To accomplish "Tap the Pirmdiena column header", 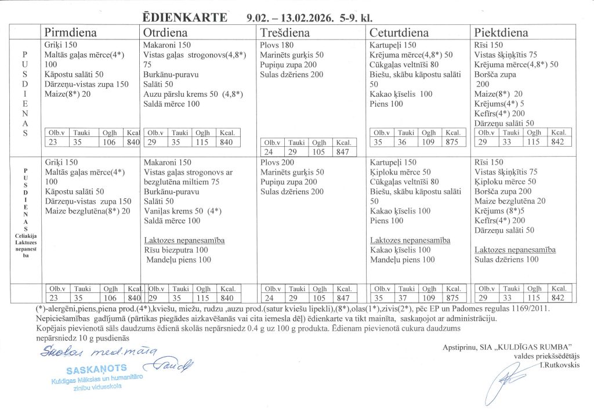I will point(70,32).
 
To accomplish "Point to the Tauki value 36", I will point(416,142).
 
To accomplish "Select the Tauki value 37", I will point(416,297).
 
